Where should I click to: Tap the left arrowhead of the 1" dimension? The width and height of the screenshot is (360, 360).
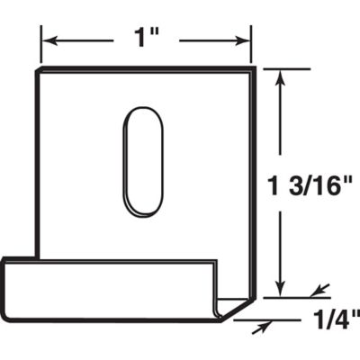click(49, 40)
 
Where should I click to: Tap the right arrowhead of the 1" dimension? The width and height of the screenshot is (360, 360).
click(242, 40)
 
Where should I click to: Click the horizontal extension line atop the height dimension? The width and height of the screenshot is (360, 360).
click(279, 67)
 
